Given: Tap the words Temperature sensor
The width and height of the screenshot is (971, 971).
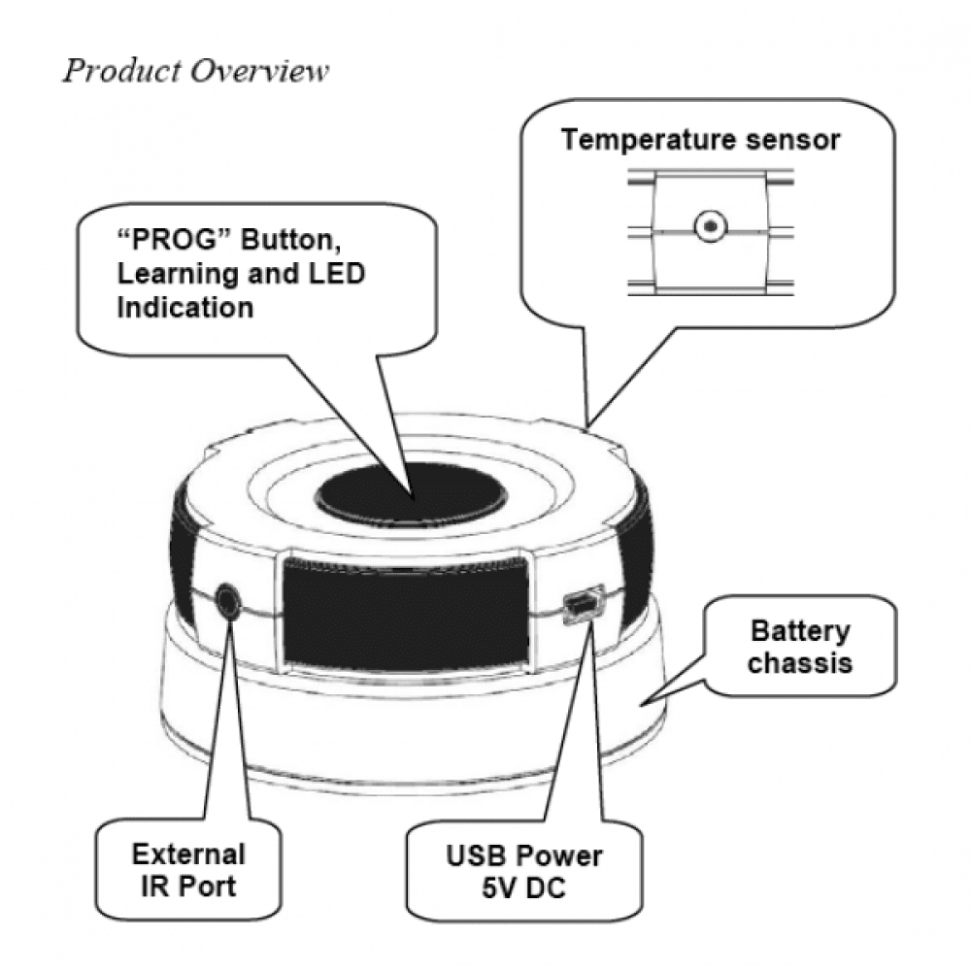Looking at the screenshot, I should pyautogui.click(x=699, y=140).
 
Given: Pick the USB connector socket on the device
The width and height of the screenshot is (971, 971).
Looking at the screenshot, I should pyautogui.click(x=581, y=606).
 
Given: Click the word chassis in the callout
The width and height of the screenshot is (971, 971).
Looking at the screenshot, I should pyautogui.click(x=799, y=663).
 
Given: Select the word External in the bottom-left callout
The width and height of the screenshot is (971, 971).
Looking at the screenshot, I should pyautogui.click(x=188, y=855).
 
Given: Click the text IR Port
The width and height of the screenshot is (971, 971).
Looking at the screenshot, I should pyautogui.click(x=188, y=887).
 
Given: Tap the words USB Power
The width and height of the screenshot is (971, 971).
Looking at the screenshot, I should pyautogui.click(x=523, y=856).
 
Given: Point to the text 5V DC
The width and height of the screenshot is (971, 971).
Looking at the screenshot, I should pyautogui.click(x=523, y=887).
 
